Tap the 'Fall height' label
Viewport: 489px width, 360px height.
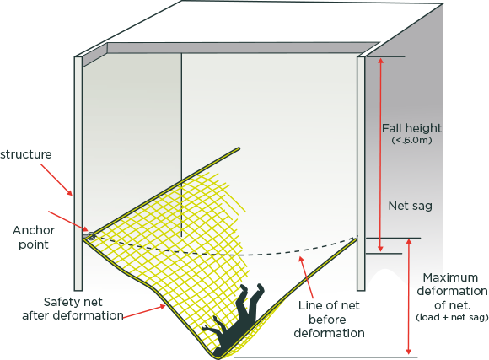pos(412,128)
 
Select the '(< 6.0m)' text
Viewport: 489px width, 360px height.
pos(411,141)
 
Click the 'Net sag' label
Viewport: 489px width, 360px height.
pos(410,206)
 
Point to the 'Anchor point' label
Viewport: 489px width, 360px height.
pos(34,238)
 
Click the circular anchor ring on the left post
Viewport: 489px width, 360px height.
pos(91,236)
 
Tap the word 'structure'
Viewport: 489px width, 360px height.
pos(26,154)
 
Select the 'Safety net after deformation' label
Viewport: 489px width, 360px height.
pos(73,309)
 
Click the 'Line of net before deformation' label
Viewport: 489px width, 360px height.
pos(329,320)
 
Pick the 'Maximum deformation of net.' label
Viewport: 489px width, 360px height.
pos(452,291)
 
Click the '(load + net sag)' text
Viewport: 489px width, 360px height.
pos(452,317)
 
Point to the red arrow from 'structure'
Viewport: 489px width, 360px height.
pos(56,180)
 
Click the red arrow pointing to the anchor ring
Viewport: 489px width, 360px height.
pos(68,223)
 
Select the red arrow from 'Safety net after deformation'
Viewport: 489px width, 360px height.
pos(144,312)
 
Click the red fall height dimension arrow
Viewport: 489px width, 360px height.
pos(380,154)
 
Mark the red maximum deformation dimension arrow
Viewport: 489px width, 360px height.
pos(409,297)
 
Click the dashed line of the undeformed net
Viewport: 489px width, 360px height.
pos(224,255)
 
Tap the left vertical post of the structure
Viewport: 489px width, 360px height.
pos(78,174)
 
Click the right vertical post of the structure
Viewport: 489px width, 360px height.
pos(361,174)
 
